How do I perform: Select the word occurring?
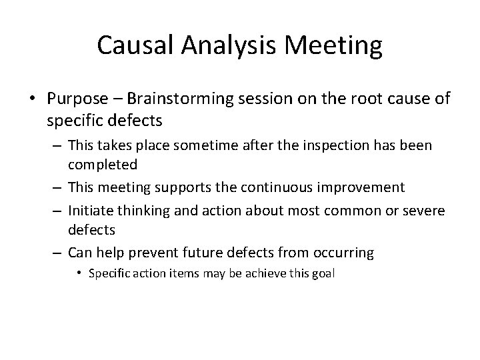tap(344, 252)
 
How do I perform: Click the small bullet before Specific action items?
tap(80, 272)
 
